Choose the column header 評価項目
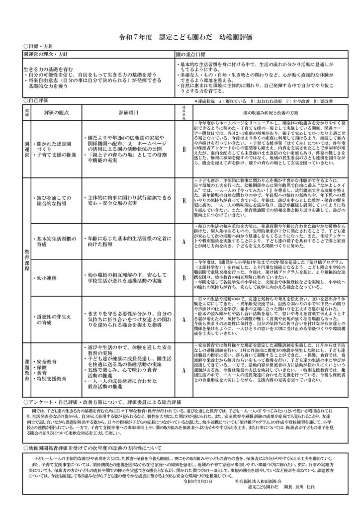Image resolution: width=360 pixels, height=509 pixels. tap(130, 113)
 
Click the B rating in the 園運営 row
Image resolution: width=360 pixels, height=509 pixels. tap(183, 149)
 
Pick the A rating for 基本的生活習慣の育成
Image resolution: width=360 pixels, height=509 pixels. tap(183, 241)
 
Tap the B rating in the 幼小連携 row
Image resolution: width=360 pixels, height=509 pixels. tap(183, 276)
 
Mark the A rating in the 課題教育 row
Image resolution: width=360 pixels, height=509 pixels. tap(183, 370)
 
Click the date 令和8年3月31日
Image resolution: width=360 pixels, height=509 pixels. tap(198, 482)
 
